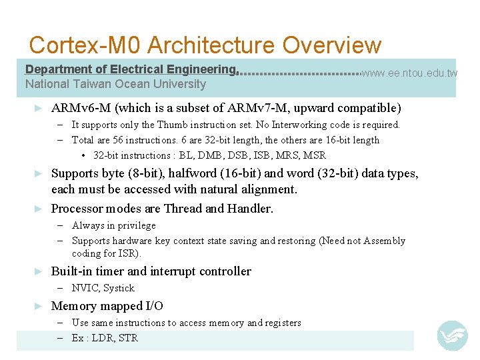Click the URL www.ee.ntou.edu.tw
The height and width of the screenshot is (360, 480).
click(409, 73)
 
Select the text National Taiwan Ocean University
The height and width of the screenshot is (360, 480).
click(115, 84)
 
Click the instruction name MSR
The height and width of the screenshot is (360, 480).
click(314, 155)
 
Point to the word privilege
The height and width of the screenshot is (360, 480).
click(135, 225)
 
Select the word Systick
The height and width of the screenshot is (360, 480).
click(119, 288)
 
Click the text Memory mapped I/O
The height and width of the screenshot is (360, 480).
click(107, 306)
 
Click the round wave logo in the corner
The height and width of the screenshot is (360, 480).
click(452, 335)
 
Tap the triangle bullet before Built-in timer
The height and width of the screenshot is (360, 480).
click(39, 271)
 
